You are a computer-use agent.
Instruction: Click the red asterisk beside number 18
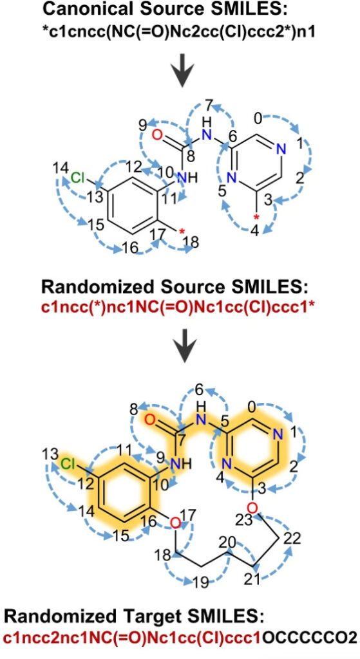182,230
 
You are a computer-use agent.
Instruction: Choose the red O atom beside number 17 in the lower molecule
176,523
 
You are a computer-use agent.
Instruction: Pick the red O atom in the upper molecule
156,135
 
